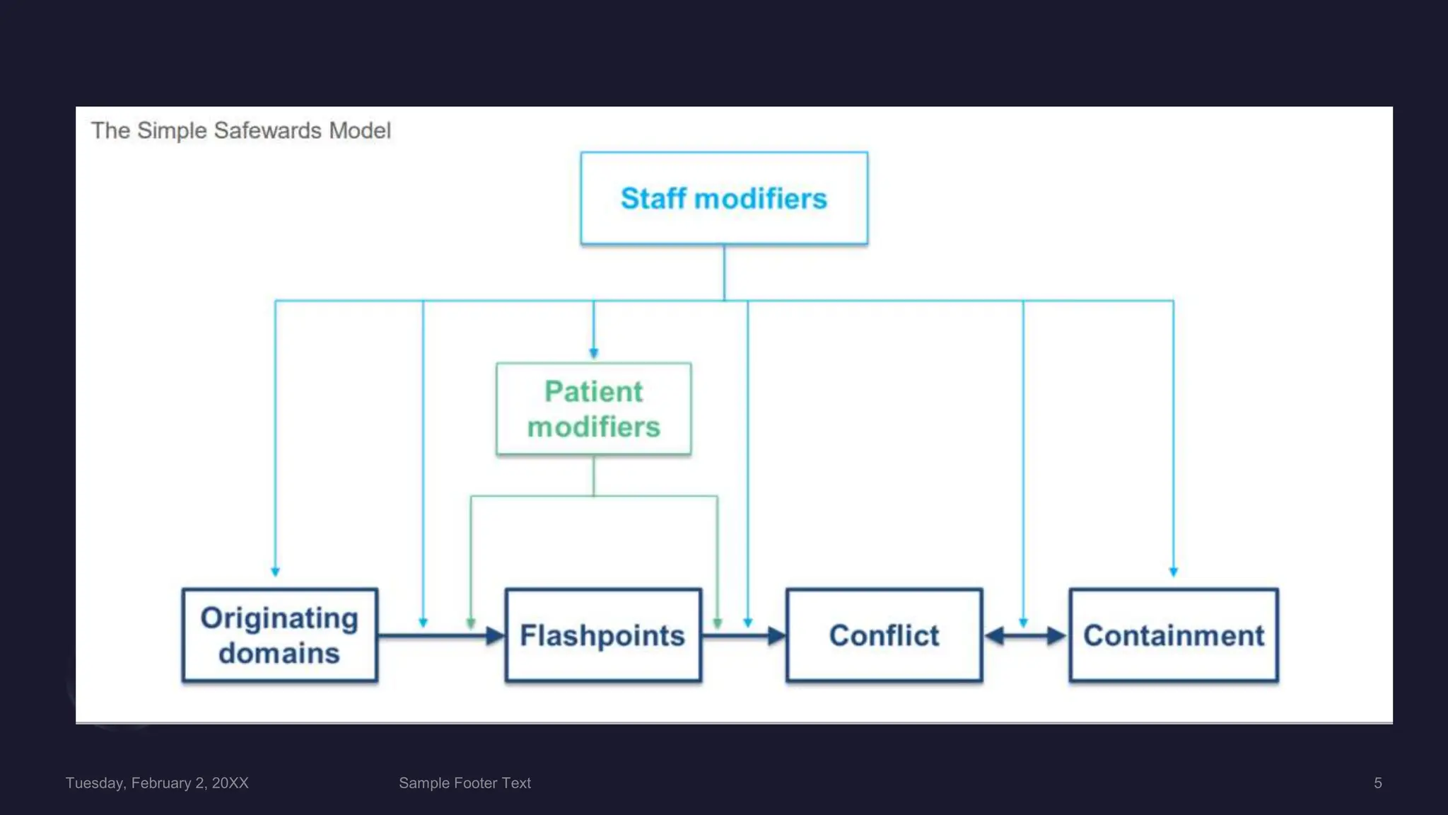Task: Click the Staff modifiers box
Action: [724, 198]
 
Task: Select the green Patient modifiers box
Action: [594, 408]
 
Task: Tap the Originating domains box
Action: [280, 635]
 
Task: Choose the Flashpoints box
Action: [603, 635]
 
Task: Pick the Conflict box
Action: [884, 635]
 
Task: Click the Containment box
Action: [1174, 635]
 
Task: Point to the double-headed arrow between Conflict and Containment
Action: [1025, 636]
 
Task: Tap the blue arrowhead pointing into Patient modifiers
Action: [594, 352]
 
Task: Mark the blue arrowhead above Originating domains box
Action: [275, 571]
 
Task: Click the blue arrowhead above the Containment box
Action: [1174, 571]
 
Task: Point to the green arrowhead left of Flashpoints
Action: [471, 623]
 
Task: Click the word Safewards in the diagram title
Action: [267, 131]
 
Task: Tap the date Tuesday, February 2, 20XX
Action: [157, 783]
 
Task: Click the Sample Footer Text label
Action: [465, 783]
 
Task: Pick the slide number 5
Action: [1378, 783]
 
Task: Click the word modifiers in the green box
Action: [594, 427]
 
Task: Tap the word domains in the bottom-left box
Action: [279, 653]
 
